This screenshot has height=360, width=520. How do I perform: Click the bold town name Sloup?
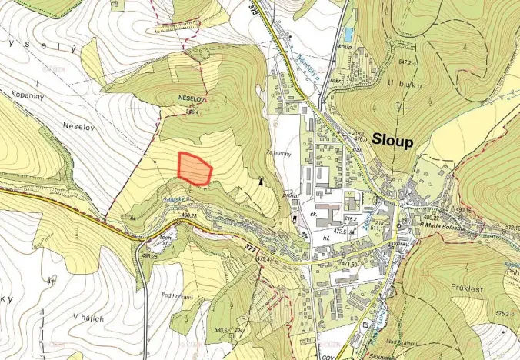tap(392, 141)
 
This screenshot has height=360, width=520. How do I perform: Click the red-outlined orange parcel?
tap(195, 169)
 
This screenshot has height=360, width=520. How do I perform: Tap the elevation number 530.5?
tap(202, 330)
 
